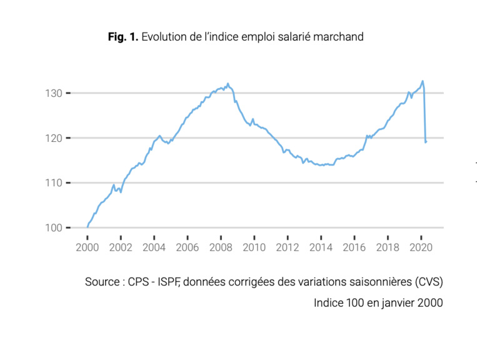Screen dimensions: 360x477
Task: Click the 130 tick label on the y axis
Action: coord(53,93)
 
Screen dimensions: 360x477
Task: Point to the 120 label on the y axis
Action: coord(53,138)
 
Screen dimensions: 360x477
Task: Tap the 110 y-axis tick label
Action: coord(53,183)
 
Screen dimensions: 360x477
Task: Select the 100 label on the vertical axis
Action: coord(53,228)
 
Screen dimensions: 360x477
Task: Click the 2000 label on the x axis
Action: coord(88,247)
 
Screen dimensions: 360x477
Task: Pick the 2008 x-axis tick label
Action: coord(221,247)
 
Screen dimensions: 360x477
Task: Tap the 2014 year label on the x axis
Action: coord(321,247)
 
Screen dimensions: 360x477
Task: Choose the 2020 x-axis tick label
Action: coord(421,247)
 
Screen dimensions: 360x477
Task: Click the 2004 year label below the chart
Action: coord(154,247)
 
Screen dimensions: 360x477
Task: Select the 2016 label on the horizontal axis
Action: coord(354,247)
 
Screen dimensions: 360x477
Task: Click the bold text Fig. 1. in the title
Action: coord(123,37)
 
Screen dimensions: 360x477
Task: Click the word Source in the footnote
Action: coord(102,282)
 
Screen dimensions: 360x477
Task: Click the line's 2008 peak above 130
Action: coord(228,83)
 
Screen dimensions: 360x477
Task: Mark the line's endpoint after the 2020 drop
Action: coord(426,142)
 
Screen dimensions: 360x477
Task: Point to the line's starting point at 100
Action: coord(88,227)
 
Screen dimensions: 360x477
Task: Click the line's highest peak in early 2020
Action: coord(423,81)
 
